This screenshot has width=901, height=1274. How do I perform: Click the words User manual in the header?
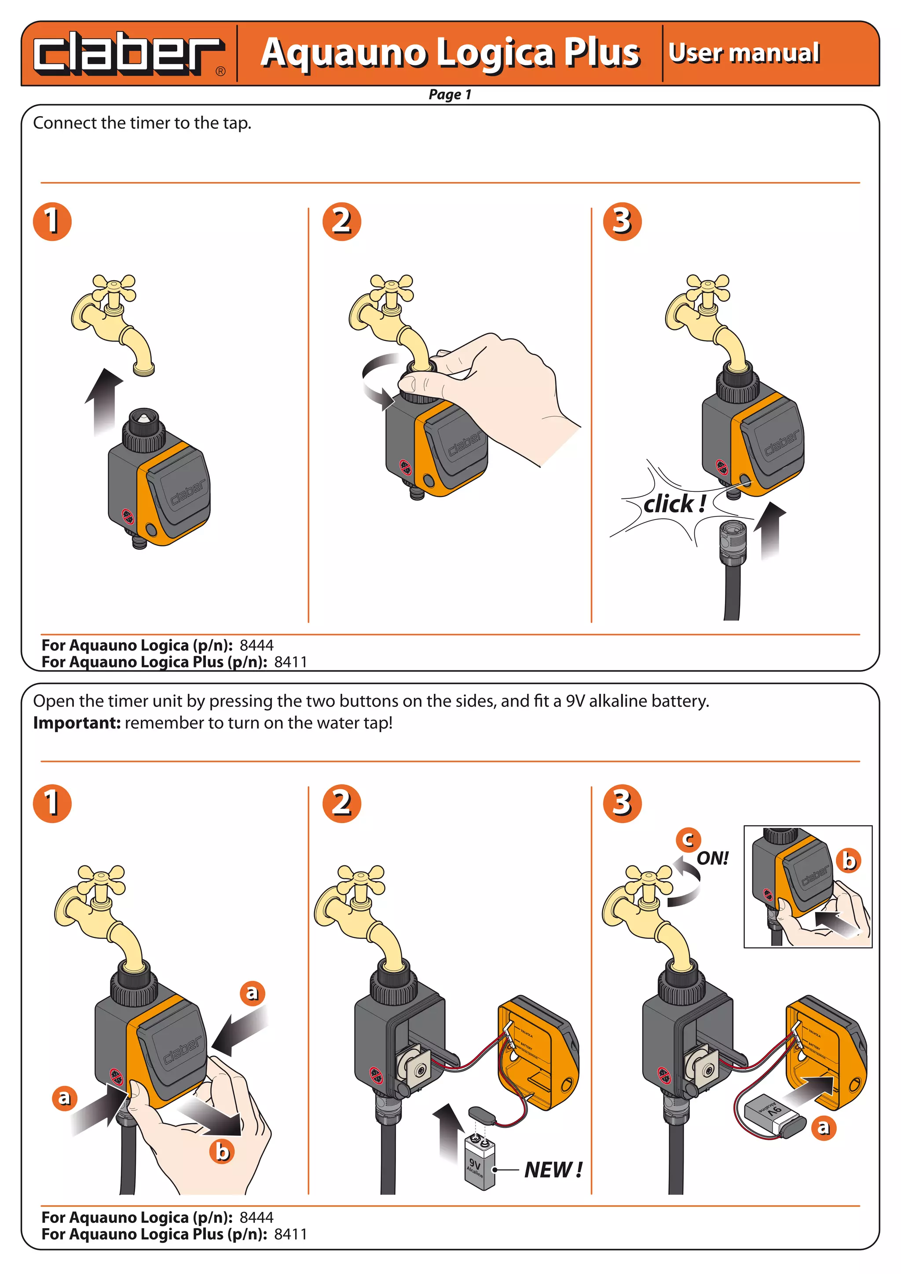744,53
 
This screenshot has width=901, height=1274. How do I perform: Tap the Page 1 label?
449,94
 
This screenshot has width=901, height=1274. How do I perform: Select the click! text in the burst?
674,504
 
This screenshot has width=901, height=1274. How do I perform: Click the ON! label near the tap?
712,858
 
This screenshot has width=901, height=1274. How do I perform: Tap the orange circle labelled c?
688,839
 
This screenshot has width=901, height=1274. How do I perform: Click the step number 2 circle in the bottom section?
342,803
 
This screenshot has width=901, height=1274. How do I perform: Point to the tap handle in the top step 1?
114,288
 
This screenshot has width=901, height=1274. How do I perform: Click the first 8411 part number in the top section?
290,662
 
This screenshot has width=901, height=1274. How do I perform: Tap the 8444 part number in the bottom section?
256,1217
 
